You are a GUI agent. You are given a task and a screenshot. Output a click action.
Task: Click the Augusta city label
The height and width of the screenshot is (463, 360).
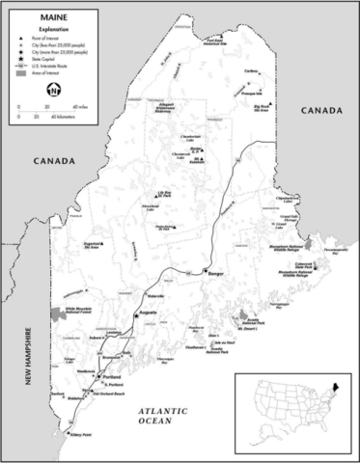point(149,313)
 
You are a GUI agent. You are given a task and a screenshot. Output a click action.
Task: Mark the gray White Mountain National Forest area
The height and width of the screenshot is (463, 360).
point(55,313)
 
